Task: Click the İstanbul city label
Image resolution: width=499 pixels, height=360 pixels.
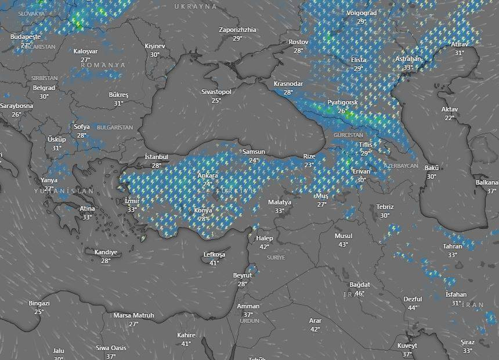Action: click(x=156, y=157)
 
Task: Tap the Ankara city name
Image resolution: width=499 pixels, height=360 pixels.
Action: click(x=208, y=175)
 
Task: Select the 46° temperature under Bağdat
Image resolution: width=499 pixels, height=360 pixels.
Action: click(x=360, y=293)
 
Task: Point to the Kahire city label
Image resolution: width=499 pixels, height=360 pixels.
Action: click(x=186, y=335)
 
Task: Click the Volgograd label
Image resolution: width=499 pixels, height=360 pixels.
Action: click(x=361, y=13)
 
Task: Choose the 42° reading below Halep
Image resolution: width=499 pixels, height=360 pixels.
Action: click(x=264, y=247)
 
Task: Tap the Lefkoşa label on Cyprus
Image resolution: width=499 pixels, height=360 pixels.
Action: click(x=214, y=254)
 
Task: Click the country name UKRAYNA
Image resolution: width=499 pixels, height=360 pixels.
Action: click(x=196, y=6)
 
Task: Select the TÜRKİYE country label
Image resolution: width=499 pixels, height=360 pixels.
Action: click(x=236, y=191)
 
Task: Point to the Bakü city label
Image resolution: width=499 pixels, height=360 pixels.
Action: click(x=432, y=168)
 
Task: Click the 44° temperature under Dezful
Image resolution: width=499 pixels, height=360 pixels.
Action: click(x=413, y=308)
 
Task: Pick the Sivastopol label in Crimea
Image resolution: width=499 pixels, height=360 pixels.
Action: click(x=216, y=92)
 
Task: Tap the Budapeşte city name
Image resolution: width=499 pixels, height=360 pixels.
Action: click(x=25, y=37)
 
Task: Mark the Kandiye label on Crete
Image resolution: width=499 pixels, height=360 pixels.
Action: click(x=106, y=252)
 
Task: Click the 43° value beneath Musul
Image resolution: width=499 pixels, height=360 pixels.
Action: click(x=343, y=244)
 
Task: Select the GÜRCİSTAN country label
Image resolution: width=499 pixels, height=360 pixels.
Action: click(x=348, y=135)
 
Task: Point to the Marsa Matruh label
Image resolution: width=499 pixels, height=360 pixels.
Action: click(x=133, y=315)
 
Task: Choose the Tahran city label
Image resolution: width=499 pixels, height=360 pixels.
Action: click(x=453, y=246)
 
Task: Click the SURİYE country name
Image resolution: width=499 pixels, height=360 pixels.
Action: click(x=276, y=257)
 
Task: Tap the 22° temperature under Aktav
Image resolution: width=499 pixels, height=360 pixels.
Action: click(x=450, y=118)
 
